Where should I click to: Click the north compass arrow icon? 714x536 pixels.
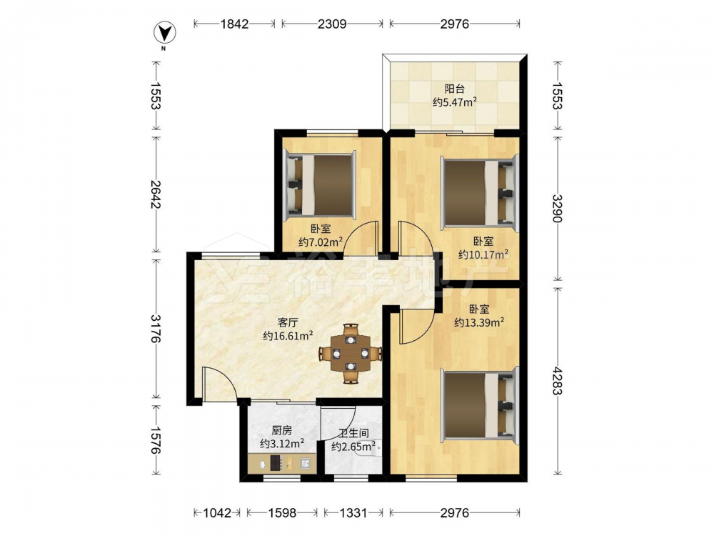tap(165, 32)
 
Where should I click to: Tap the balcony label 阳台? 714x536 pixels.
tap(454, 89)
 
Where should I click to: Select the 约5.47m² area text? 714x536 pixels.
tap(454, 101)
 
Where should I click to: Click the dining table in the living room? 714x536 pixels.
tap(350, 353)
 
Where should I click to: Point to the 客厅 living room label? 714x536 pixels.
tap(288, 323)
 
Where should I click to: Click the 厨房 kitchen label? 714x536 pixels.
tap(281, 430)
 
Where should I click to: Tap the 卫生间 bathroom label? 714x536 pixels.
tap(353, 434)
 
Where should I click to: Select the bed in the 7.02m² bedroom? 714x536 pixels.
tap(320, 184)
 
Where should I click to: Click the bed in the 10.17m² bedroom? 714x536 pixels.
tap(481, 192)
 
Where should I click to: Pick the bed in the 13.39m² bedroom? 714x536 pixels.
tap(481, 405)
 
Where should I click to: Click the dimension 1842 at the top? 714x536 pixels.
tap(234, 24)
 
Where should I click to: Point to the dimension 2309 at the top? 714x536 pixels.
tap(332, 24)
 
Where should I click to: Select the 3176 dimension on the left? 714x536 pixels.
tap(156, 329)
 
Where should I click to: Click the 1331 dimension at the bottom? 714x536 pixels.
tap(353, 513)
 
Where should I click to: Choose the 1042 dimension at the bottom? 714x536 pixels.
tap(217, 513)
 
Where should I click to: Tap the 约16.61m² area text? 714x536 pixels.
tap(288, 336)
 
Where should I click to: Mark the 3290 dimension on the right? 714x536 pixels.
tap(557, 209)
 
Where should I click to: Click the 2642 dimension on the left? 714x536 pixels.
tap(156, 194)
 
